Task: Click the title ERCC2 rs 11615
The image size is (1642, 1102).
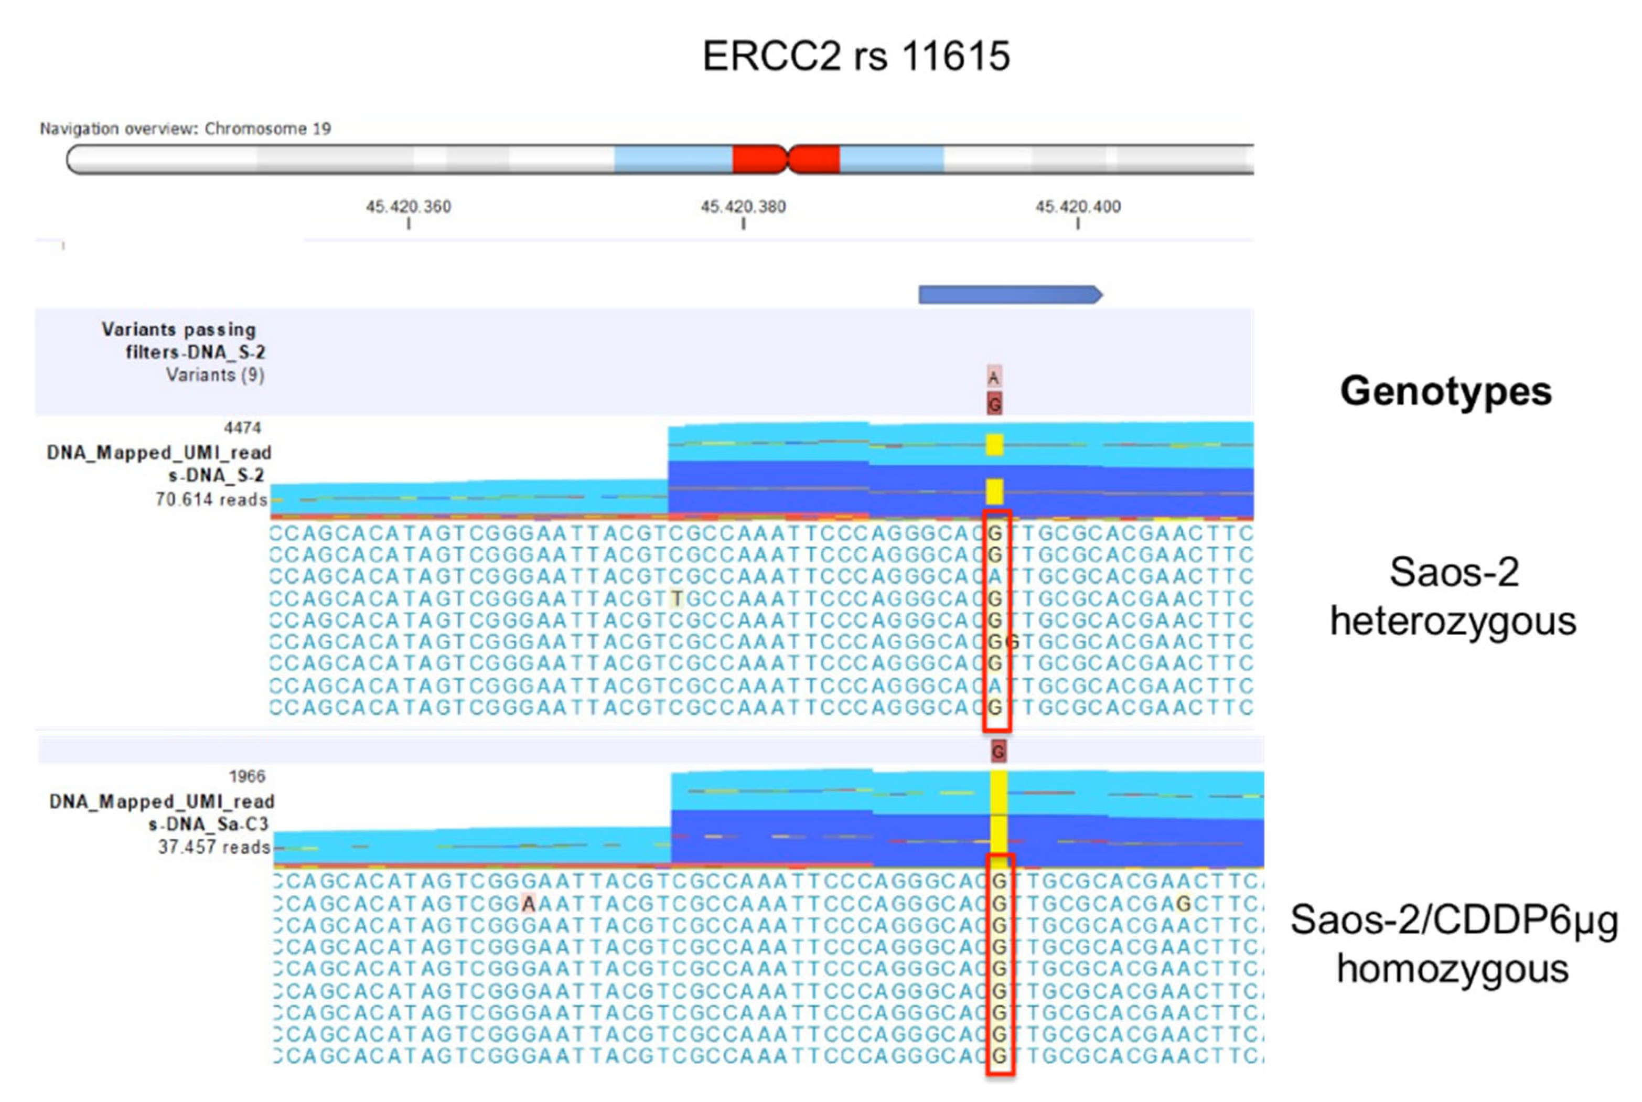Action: (x=856, y=56)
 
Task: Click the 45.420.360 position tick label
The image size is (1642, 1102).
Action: (x=408, y=207)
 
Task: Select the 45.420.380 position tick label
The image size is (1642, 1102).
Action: (x=743, y=207)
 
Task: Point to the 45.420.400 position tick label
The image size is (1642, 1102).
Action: (x=1077, y=207)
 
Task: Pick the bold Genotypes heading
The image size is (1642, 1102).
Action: (x=1445, y=391)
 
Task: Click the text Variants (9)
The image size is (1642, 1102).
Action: (x=215, y=375)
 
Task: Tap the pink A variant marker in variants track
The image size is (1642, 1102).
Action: (x=993, y=378)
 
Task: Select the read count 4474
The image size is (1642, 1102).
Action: (x=242, y=428)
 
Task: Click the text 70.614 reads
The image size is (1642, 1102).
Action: (x=211, y=500)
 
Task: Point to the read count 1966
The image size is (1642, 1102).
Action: (x=248, y=777)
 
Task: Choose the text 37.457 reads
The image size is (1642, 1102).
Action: (x=214, y=847)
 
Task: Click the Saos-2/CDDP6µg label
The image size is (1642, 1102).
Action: (x=1454, y=919)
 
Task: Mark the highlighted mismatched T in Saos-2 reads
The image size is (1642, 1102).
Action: (x=676, y=599)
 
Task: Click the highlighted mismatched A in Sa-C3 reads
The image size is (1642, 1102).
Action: (x=528, y=903)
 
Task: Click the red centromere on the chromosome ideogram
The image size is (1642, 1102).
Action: (x=786, y=159)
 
